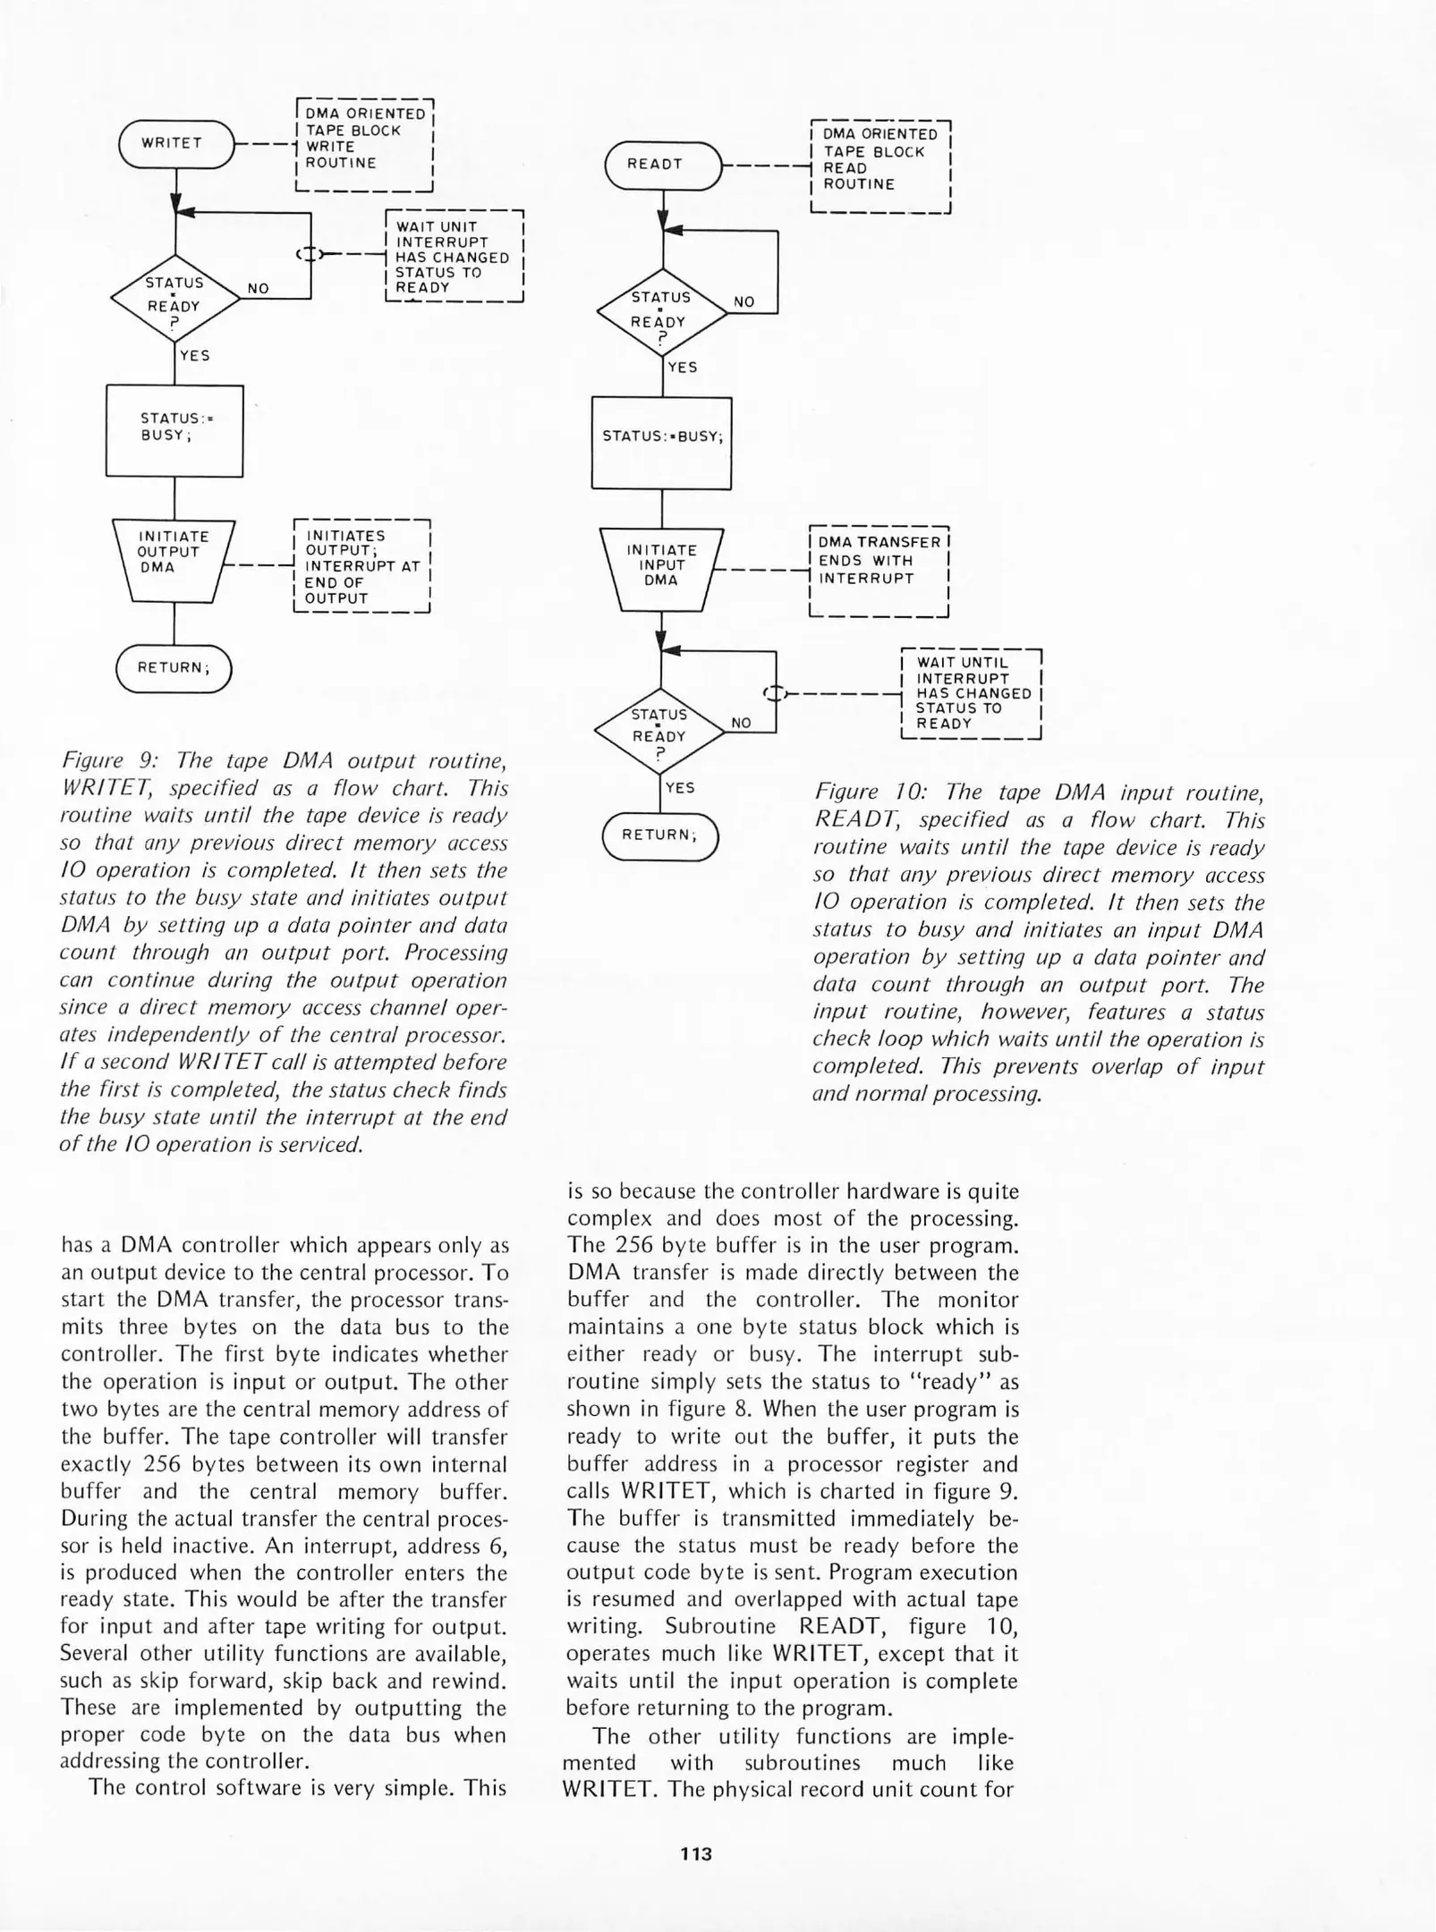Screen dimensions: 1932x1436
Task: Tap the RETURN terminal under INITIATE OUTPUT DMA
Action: click(174, 667)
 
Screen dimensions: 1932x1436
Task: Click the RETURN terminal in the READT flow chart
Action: click(660, 835)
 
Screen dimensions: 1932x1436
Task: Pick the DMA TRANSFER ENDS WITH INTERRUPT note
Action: click(878, 570)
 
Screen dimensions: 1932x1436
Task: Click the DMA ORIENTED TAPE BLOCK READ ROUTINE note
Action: click(879, 165)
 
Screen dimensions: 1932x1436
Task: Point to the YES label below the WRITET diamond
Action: click(194, 355)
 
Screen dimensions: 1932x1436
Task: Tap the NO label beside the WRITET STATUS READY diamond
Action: click(259, 288)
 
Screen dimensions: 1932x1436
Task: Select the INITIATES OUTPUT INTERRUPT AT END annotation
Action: click(362, 566)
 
